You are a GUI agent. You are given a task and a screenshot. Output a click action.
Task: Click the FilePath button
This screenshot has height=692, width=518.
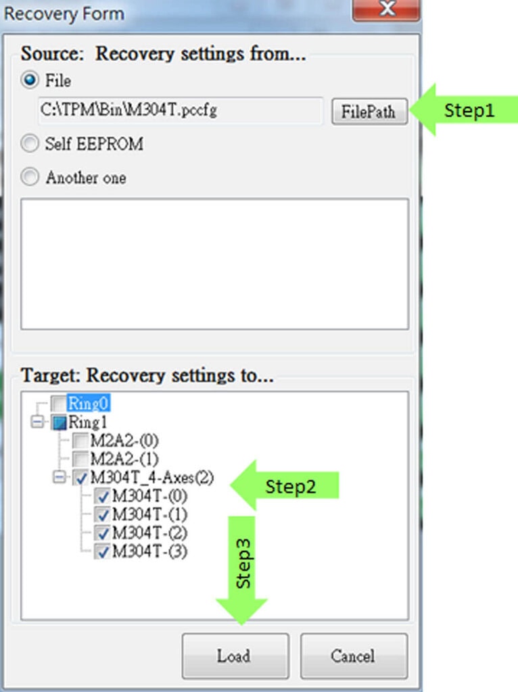pyautogui.click(x=370, y=112)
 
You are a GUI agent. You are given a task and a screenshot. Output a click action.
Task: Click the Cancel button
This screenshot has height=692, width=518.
pyautogui.click(x=354, y=656)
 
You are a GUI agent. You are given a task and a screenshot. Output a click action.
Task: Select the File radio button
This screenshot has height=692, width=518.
pyautogui.click(x=30, y=80)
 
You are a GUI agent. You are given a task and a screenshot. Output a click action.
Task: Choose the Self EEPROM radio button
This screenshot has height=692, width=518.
pyautogui.click(x=30, y=143)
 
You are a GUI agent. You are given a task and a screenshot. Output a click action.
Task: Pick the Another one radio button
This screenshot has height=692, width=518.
pyautogui.click(x=30, y=177)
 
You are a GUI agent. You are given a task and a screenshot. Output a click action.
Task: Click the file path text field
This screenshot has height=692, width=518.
pyautogui.click(x=180, y=110)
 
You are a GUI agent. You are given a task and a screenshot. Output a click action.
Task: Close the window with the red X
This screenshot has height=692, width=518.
pyautogui.click(x=386, y=9)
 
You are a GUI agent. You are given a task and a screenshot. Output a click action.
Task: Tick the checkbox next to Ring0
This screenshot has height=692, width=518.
pyautogui.click(x=58, y=403)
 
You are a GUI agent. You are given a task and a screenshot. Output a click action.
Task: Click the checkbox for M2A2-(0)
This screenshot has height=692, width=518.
pyautogui.click(x=80, y=441)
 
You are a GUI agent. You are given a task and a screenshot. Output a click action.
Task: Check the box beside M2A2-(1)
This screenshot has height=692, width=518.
pyautogui.click(x=80, y=459)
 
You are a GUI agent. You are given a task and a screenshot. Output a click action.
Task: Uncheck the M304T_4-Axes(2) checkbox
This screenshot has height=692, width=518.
pyautogui.click(x=80, y=478)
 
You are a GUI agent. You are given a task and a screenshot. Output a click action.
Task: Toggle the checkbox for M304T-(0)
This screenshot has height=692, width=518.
pyautogui.click(x=102, y=496)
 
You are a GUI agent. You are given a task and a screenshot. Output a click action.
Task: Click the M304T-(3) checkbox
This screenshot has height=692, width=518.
pyautogui.click(x=102, y=551)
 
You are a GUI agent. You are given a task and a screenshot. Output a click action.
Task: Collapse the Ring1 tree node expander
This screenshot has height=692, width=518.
pyautogui.click(x=37, y=422)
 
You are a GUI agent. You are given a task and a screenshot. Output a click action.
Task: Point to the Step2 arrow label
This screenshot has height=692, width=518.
pyautogui.click(x=285, y=485)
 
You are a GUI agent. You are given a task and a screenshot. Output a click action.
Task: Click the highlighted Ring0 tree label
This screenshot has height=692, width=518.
pyautogui.click(x=89, y=403)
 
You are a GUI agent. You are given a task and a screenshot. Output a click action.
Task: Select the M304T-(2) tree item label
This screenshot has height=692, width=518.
pyautogui.click(x=149, y=533)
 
